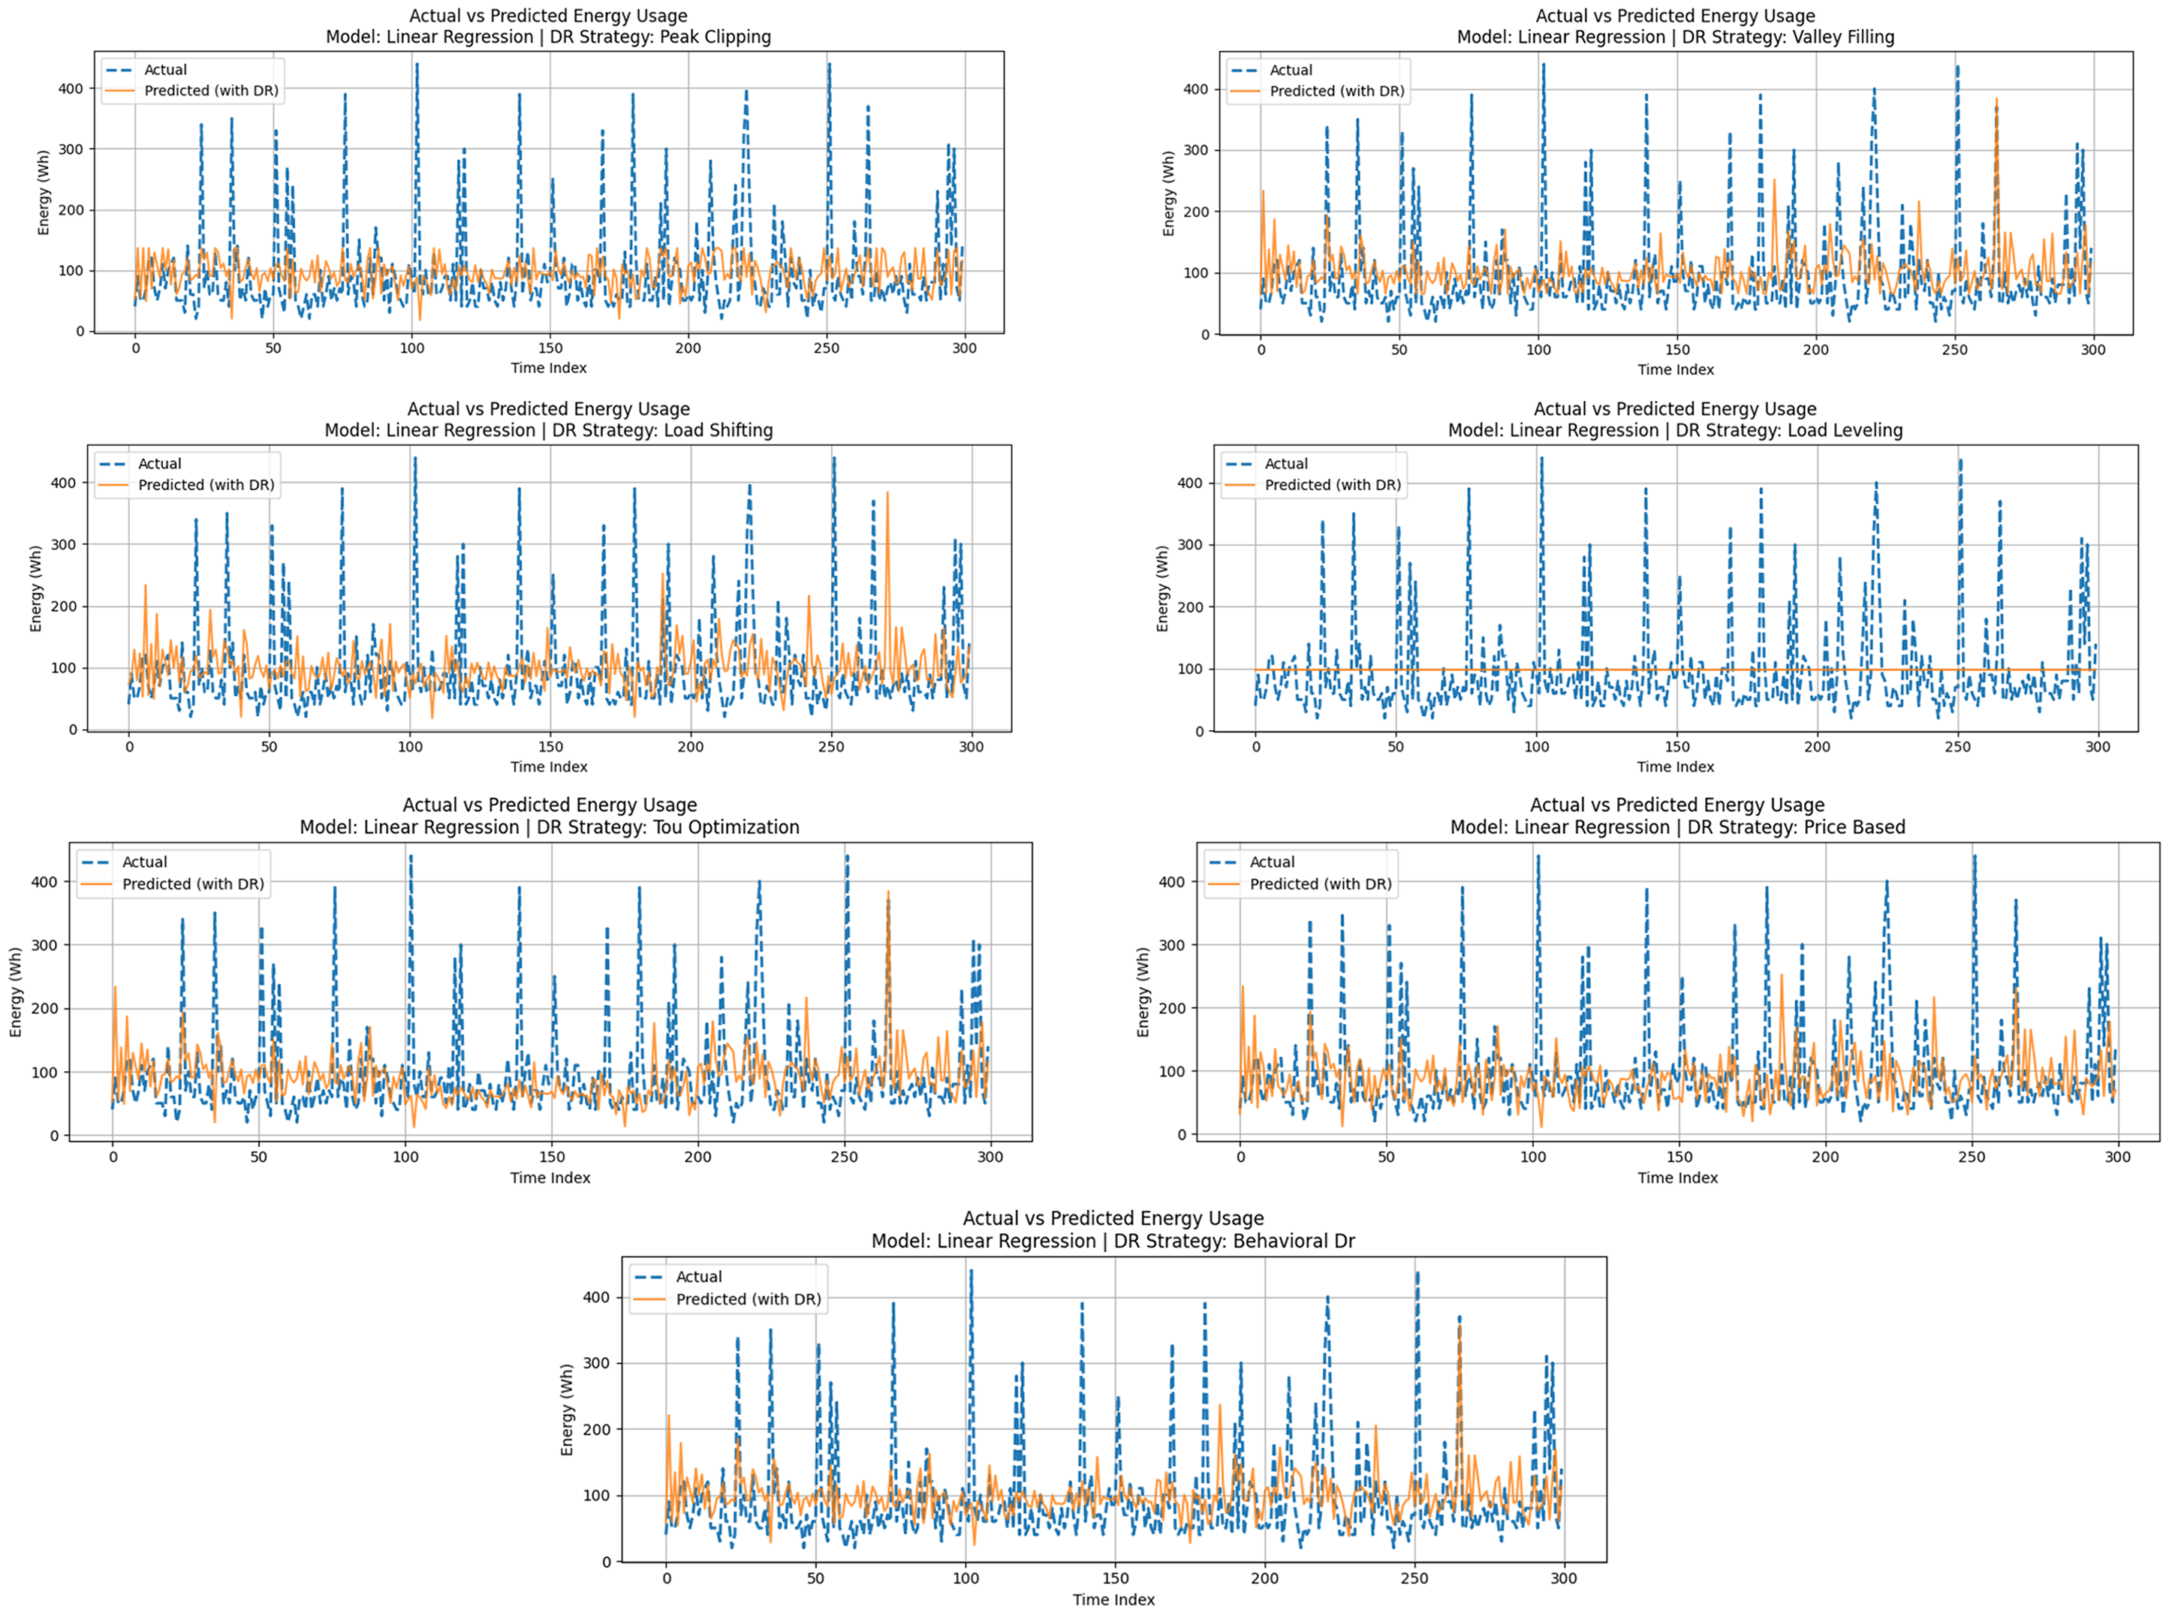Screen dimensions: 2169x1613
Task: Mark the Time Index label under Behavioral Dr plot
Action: pyautogui.click(x=1113, y=1599)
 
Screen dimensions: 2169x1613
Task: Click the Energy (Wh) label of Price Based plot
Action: pyautogui.click(x=1143, y=992)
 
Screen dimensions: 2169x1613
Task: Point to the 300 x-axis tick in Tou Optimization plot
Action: pyautogui.click(x=990, y=1157)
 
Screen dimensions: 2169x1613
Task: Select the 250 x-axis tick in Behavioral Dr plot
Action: pyautogui.click(x=1414, y=1578)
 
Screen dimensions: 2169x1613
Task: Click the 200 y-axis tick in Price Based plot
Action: pyautogui.click(x=1173, y=1009)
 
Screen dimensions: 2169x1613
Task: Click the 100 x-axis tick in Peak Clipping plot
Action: pyautogui.click(x=412, y=348)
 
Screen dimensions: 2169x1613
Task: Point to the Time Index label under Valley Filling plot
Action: pyautogui.click(x=1676, y=370)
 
